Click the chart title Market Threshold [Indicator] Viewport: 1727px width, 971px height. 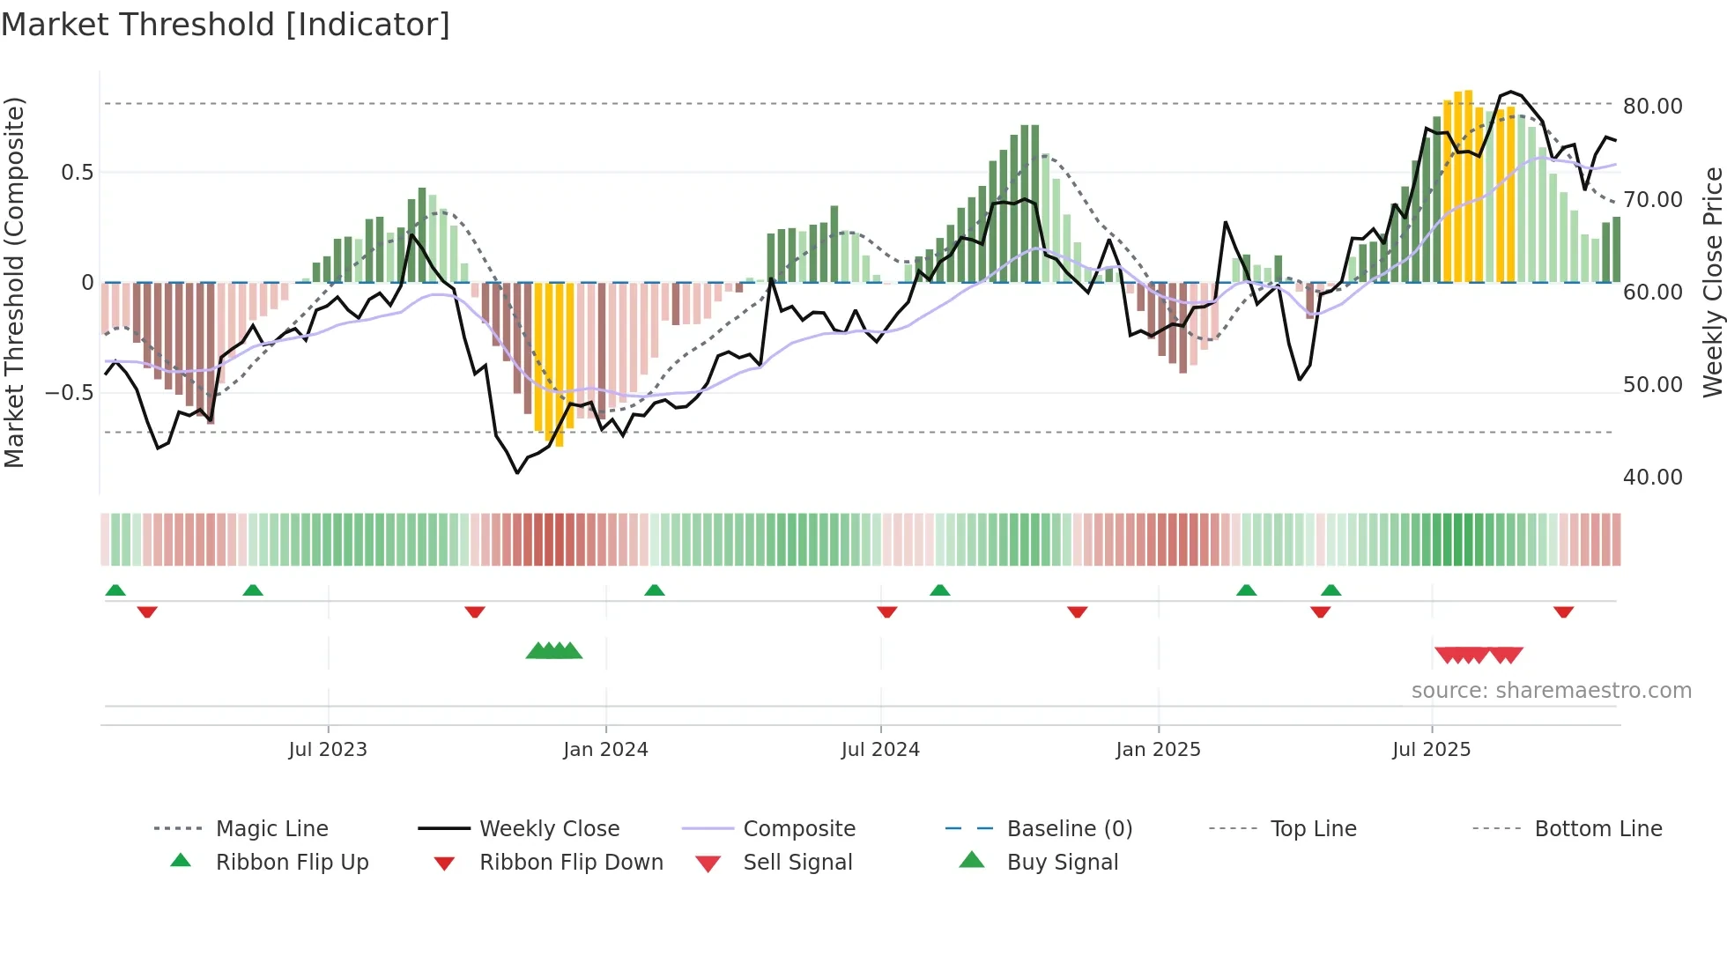coord(226,25)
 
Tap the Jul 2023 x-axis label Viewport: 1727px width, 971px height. coord(328,750)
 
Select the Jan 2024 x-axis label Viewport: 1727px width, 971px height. coord(605,750)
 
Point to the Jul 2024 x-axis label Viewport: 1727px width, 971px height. coord(880,750)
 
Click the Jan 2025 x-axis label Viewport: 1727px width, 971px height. coord(1158,750)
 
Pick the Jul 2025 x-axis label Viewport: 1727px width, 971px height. coord(1432,750)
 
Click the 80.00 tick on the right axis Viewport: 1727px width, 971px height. coord(1652,107)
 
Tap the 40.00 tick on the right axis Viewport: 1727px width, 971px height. coord(1652,478)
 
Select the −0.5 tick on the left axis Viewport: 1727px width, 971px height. coord(70,392)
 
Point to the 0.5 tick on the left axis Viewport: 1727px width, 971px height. coord(78,172)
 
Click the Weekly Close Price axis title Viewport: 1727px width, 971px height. coord(1712,282)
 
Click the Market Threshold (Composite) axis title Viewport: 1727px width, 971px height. coord(14,282)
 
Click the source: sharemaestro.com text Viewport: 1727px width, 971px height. coord(1551,691)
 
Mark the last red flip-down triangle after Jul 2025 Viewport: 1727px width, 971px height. coord(1563,612)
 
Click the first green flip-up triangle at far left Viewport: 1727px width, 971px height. coord(115,590)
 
